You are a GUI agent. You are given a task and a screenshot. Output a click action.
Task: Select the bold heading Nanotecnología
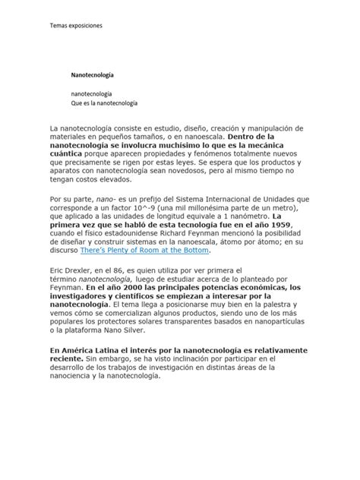(x=93, y=76)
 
